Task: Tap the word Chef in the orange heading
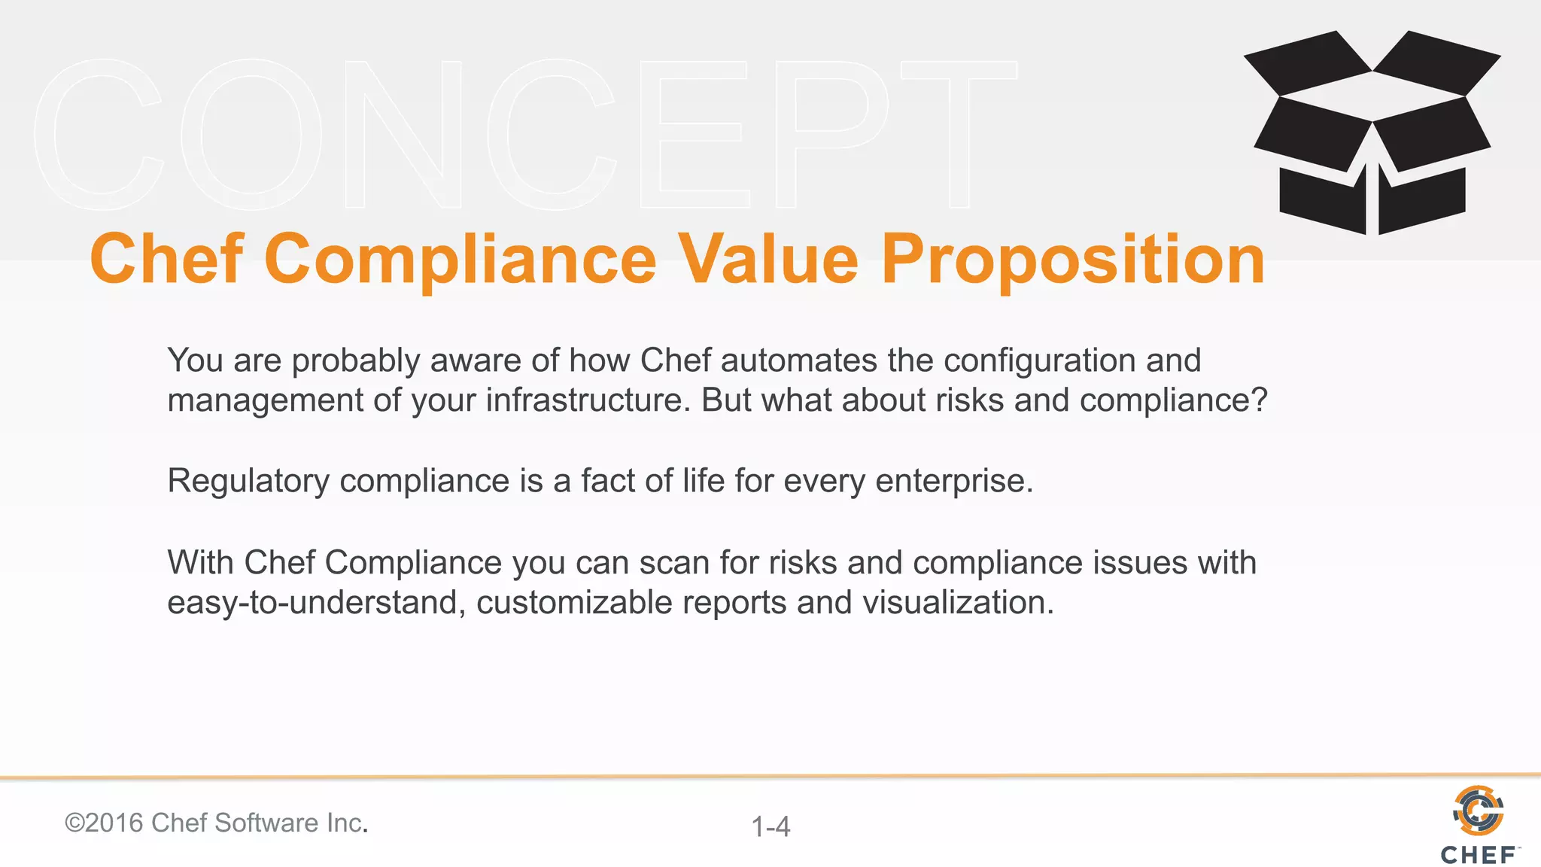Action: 167,260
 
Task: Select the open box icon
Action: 1372,132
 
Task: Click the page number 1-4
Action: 770,826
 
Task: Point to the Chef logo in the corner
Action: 1479,824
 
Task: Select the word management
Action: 265,400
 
